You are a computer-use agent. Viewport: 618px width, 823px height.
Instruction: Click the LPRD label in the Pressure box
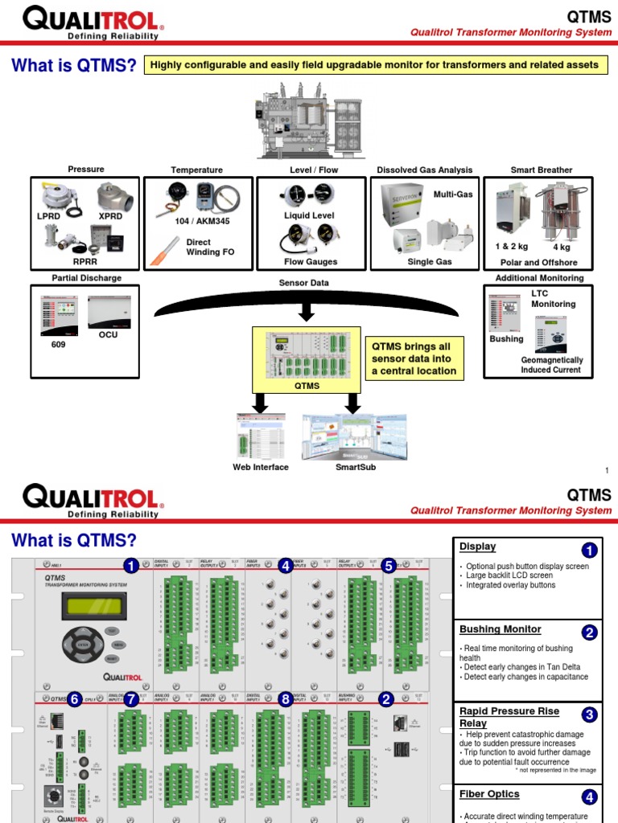pyautogui.click(x=49, y=217)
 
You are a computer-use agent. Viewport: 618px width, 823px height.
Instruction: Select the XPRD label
pyautogui.click(x=110, y=217)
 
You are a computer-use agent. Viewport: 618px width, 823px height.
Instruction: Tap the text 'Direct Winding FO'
pyautogui.click(x=210, y=247)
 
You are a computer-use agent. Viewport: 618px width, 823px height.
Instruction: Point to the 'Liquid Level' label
pyautogui.click(x=309, y=215)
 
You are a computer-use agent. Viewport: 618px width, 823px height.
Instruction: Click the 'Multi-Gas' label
pyautogui.click(x=452, y=194)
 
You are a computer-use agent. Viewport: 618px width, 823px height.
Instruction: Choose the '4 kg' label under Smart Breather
pyautogui.click(x=562, y=248)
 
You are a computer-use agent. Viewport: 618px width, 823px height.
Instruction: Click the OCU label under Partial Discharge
pyautogui.click(x=109, y=334)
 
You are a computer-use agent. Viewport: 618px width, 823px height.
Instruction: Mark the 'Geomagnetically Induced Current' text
pyautogui.click(x=551, y=365)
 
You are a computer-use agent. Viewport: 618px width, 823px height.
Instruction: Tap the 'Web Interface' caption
pyautogui.click(x=260, y=467)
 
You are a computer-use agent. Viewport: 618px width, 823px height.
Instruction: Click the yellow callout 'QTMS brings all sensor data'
pyautogui.click(x=413, y=358)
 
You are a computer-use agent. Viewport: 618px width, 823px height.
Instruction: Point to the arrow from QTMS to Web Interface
pyautogui.click(x=259, y=402)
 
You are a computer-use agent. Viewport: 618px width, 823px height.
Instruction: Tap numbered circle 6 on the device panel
pyautogui.click(x=75, y=699)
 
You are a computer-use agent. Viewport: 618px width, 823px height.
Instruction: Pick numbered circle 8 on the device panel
pyautogui.click(x=285, y=699)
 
